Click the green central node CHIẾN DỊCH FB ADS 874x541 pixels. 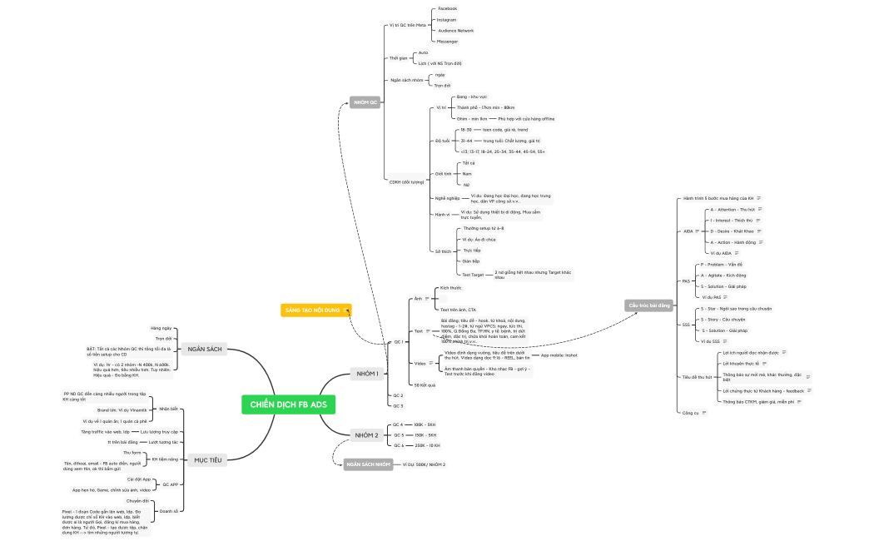289,405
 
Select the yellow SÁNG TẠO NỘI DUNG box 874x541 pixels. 315,310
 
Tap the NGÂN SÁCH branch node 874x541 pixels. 204,349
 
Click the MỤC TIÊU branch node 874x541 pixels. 207,459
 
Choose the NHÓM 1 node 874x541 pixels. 366,374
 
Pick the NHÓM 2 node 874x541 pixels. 366,435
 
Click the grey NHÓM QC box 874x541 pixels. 365,102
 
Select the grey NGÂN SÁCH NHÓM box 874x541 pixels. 368,464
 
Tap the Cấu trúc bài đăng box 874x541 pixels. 649,305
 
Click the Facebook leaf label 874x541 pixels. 447,8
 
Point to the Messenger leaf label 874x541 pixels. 448,41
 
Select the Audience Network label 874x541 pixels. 455,30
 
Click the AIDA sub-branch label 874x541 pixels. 688,231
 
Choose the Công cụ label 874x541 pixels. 690,413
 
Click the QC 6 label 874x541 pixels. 398,445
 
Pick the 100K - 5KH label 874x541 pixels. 425,424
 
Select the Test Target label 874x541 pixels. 472,274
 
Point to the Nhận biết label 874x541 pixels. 168,409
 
